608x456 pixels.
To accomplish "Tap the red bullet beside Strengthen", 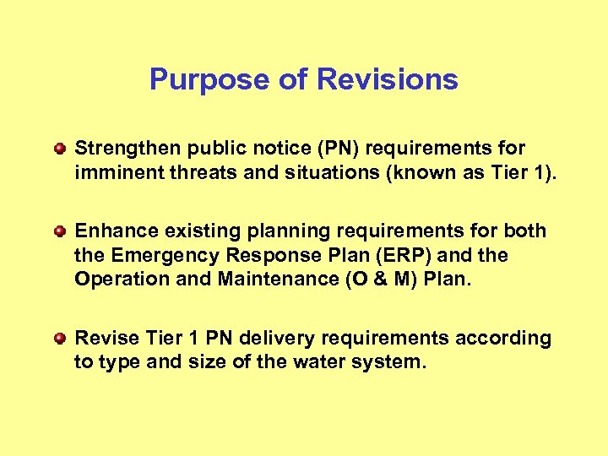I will pyautogui.click(x=59, y=149).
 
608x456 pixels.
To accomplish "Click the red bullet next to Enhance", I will pyautogui.click(x=59, y=231).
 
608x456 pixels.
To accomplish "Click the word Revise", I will pyautogui.click(x=102, y=339).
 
